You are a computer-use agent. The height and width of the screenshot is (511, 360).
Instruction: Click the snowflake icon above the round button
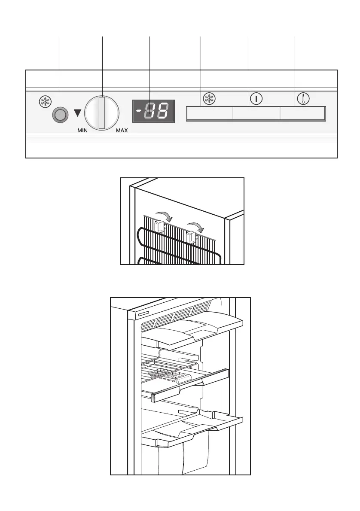pos(45,101)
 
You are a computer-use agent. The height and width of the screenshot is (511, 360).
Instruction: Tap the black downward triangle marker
pos(77,113)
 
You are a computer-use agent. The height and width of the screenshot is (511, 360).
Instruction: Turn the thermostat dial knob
pos(101,113)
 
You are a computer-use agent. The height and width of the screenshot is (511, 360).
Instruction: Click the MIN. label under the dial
pos(79,131)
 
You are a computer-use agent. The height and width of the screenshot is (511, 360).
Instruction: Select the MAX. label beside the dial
pos(122,131)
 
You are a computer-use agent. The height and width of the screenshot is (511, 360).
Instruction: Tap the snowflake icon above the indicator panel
pos(208,99)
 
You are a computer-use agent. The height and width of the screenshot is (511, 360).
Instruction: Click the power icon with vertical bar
pos(256,99)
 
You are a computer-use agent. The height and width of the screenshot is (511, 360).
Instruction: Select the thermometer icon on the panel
pos(303,99)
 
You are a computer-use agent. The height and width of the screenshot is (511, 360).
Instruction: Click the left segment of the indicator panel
pos(210,114)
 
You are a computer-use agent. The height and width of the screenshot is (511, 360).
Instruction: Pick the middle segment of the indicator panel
pos(256,114)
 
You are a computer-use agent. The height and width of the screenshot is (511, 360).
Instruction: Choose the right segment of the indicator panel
pos(302,114)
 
